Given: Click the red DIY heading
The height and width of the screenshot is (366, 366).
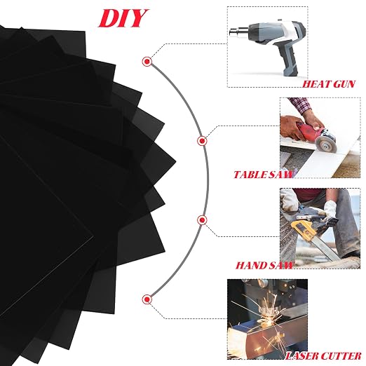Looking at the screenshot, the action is click(123, 18).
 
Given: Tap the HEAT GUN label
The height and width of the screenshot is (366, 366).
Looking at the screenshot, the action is click(329, 84).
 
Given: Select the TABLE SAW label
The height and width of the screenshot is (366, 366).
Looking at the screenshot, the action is click(263, 175).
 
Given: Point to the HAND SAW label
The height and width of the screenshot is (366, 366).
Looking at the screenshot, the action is click(264, 265).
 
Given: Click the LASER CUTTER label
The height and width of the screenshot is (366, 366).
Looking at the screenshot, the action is click(323, 356).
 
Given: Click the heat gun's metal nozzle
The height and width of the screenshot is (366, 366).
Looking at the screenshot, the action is click(237, 32).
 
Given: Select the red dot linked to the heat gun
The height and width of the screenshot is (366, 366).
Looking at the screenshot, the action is click(147, 62).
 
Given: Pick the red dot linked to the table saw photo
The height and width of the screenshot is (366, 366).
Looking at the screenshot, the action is click(202, 141).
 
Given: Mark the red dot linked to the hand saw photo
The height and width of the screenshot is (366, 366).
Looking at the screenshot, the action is click(202, 220).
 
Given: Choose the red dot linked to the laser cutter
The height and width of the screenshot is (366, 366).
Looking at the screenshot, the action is click(147, 299).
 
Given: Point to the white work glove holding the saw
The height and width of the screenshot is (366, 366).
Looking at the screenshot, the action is click(330, 209).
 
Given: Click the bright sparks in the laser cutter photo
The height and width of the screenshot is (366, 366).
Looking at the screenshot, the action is click(269, 314).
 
